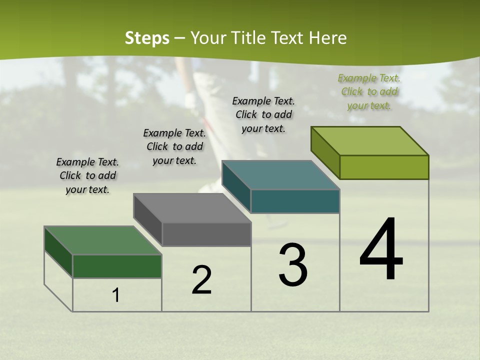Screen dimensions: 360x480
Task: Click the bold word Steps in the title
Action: click(147, 38)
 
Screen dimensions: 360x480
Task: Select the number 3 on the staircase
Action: click(293, 264)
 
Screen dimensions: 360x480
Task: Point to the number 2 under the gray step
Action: click(202, 280)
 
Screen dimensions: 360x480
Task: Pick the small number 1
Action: click(116, 295)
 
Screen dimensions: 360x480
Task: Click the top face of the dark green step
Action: click(103, 240)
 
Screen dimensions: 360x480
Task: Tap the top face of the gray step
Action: click(192, 208)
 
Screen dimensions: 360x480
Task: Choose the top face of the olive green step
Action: click(370, 141)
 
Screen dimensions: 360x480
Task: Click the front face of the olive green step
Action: click(384, 167)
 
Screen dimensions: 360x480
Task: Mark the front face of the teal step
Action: click(295, 201)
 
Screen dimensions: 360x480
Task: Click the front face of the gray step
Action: click(206, 234)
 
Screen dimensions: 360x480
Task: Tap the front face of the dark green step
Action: click(117, 266)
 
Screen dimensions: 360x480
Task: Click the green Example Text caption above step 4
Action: click(369, 91)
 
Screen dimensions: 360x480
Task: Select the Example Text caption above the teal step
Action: click(263, 114)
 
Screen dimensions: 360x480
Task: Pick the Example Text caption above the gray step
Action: click(174, 146)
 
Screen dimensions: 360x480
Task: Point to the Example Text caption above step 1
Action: click(87, 175)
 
